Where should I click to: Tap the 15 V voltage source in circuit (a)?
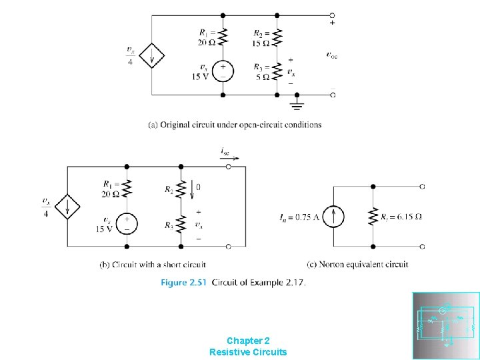click(x=223, y=71)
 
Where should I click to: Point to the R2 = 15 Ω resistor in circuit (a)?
click(x=278, y=35)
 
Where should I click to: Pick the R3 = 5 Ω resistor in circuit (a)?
click(x=278, y=71)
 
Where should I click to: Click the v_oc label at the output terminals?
click(x=331, y=55)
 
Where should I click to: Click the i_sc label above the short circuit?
click(x=225, y=152)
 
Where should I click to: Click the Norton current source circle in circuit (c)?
click(x=336, y=216)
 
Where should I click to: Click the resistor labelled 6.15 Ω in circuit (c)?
click(x=373, y=216)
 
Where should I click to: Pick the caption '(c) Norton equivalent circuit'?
click(x=358, y=265)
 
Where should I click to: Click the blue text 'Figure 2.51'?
click(x=183, y=283)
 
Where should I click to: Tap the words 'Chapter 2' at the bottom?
click(x=248, y=340)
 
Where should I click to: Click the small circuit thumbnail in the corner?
click(x=445, y=325)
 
